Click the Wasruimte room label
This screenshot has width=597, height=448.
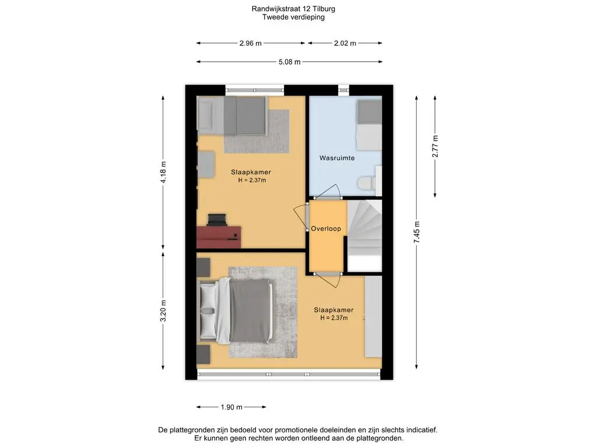point(337,157)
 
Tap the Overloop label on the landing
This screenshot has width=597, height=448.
point(326,229)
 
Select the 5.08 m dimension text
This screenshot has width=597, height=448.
point(289,62)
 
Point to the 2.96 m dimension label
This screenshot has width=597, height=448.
point(251,43)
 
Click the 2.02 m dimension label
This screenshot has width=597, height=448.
point(345,43)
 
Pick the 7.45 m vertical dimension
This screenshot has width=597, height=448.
point(417,232)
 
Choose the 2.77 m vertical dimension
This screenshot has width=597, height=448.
point(435,146)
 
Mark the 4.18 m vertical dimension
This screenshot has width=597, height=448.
point(163,172)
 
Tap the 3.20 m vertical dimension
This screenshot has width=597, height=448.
point(163,311)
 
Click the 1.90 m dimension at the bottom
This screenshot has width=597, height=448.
point(231,407)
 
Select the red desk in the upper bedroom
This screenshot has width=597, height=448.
point(219,237)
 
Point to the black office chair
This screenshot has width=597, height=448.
point(217,220)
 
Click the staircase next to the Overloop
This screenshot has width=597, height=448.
point(365,236)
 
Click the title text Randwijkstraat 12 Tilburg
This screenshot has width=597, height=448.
point(293,8)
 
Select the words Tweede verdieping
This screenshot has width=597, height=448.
point(293,17)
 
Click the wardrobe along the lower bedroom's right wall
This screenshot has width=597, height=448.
point(374,317)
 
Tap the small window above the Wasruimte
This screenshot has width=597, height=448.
point(343,90)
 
